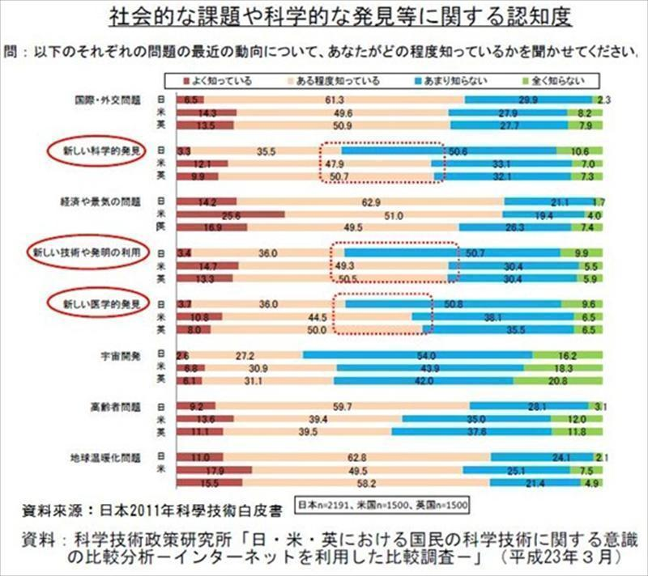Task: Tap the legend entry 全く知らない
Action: (x=553, y=81)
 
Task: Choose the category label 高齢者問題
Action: (x=118, y=405)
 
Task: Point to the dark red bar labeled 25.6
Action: (x=230, y=215)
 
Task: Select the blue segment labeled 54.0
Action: (x=418, y=354)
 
